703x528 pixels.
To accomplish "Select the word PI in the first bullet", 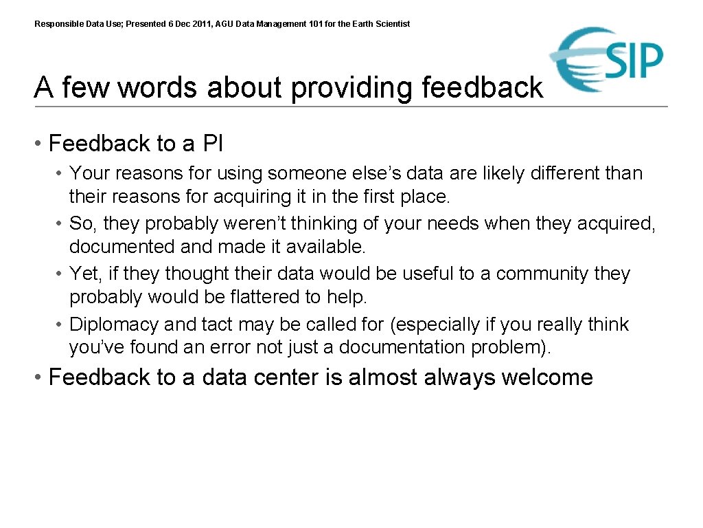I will tap(213, 144).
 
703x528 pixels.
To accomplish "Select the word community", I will tap(542, 274).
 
